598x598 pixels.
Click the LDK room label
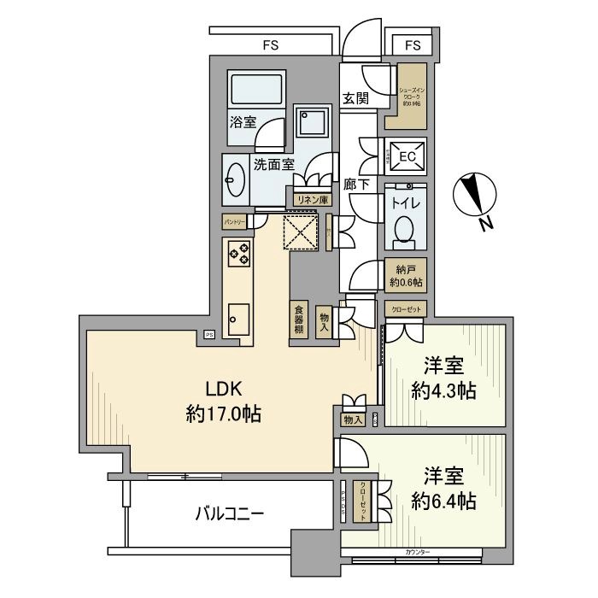[x=223, y=387]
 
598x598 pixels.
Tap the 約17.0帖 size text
[x=223, y=415]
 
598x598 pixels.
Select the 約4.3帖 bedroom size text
[x=443, y=392]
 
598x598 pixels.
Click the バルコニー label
[x=229, y=513]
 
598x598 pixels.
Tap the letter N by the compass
[x=484, y=225]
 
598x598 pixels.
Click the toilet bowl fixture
[x=404, y=229]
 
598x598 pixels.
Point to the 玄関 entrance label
[x=355, y=99]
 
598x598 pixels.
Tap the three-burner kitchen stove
[x=238, y=254]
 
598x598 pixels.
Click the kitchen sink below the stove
[x=238, y=320]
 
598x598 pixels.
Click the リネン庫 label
[x=308, y=199]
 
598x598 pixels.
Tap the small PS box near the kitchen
[x=208, y=334]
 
